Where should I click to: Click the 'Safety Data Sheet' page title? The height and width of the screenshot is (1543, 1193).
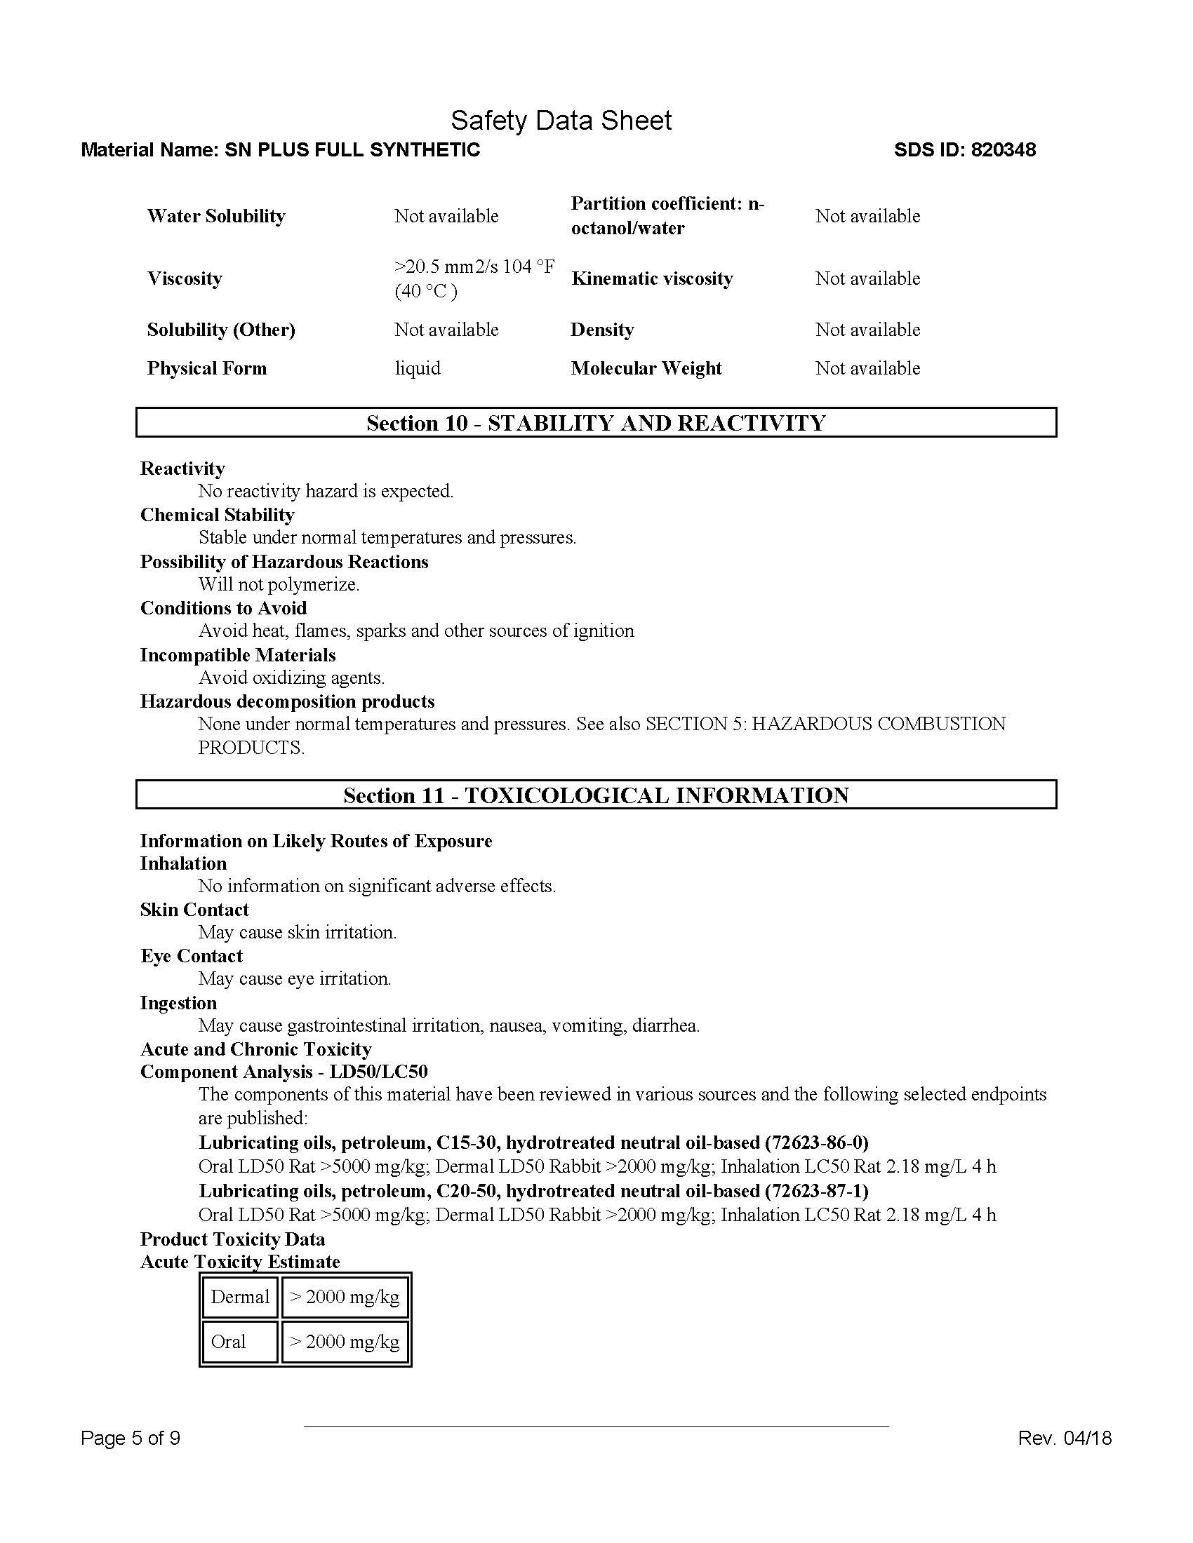click(561, 121)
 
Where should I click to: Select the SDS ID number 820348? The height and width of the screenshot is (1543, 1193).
click(1003, 150)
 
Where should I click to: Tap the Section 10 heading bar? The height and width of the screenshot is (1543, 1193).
click(596, 422)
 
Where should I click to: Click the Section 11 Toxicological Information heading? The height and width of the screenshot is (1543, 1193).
click(596, 795)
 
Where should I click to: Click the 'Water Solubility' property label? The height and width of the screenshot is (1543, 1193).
click(215, 216)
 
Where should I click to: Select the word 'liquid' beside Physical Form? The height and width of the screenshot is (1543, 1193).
click(417, 368)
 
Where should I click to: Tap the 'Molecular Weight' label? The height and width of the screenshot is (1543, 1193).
click(646, 368)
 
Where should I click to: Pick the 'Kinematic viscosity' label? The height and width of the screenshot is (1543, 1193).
click(652, 278)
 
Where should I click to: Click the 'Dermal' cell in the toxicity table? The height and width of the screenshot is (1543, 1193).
click(239, 1296)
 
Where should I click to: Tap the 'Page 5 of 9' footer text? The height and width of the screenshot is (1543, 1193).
click(130, 1438)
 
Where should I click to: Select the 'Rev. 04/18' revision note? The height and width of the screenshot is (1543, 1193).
click(1065, 1438)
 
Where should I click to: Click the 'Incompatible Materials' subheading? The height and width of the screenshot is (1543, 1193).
click(237, 655)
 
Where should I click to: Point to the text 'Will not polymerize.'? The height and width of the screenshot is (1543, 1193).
click(279, 584)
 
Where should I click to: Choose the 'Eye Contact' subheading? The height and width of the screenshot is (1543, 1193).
click(191, 956)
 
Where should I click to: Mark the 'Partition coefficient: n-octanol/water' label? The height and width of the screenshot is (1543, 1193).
click(667, 215)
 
